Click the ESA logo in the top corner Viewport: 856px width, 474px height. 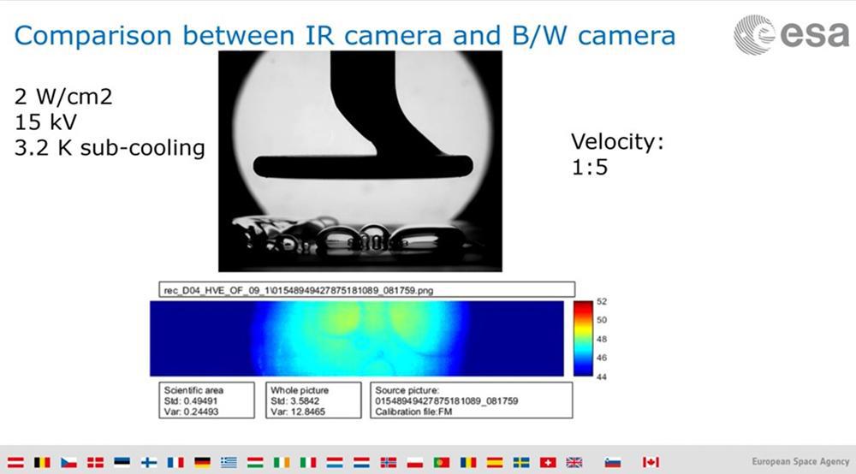[791, 35]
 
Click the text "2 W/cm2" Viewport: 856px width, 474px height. [63, 97]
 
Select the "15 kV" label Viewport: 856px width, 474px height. [46, 122]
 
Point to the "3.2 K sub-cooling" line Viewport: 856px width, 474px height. [110, 148]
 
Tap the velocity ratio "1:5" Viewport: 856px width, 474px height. [590, 167]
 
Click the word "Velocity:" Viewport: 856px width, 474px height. [617, 142]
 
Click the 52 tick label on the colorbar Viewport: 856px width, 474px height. [602, 302]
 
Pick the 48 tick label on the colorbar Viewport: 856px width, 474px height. [602, 339]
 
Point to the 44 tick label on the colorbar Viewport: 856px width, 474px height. [602, 376]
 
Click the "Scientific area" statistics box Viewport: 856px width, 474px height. [206, 400]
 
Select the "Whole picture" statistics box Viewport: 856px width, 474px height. [313, 400]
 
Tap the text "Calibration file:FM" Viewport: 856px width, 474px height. [413, 412]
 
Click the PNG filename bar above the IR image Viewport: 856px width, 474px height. [367, 290]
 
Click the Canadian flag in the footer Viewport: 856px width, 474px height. [651, 462]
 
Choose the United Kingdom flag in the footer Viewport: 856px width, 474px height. [574, 462]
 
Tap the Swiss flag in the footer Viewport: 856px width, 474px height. [548, 462]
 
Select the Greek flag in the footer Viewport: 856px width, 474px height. [229, 462]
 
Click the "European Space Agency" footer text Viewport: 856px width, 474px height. [800, 461]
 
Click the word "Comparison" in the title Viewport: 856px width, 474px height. [92, 36]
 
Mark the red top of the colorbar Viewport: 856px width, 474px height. [582, 305]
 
